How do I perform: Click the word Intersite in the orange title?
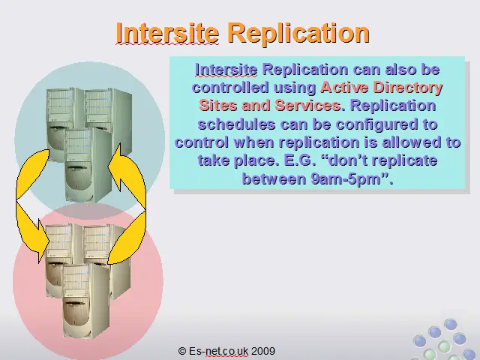(167, 33)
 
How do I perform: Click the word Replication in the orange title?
(299, 34)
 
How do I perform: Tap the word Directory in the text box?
(408, 88)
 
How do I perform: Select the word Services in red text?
(307, 105)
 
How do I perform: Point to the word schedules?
(236, 124)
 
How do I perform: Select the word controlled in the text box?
(230, 88)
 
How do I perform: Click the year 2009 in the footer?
(263, 351)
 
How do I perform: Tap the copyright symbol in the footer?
(182, 351)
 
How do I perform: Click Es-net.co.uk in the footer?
(218, 351)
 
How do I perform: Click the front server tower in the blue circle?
(88, 165)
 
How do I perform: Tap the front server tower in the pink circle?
(85, 301)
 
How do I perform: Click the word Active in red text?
(344, 88)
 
